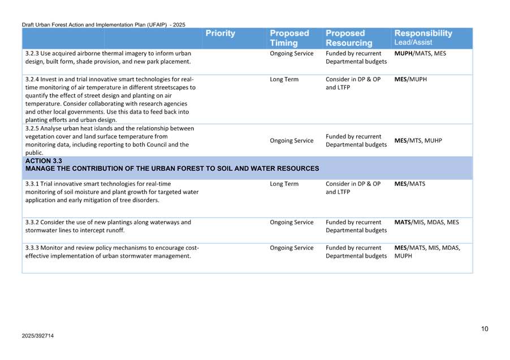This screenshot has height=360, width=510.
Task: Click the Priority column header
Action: point(221,33)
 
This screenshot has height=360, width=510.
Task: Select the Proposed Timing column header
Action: point(289,38)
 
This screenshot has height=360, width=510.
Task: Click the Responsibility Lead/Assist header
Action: point(423,37)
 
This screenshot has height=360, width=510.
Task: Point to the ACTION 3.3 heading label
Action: point(44,161)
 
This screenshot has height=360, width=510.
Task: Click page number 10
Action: point(485,328)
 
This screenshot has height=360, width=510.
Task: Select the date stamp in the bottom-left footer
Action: point(38,335)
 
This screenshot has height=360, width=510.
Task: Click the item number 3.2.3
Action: point(32,53)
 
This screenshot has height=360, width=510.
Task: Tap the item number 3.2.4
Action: point(32,80)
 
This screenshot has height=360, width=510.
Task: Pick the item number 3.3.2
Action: point(32,222)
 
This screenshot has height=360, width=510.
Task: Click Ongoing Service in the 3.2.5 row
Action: point(292,140)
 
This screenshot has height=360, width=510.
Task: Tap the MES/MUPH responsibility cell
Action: point(410,80)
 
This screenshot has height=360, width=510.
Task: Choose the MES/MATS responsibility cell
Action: point(410,184)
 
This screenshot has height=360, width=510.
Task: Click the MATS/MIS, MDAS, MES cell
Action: point(426,222)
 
